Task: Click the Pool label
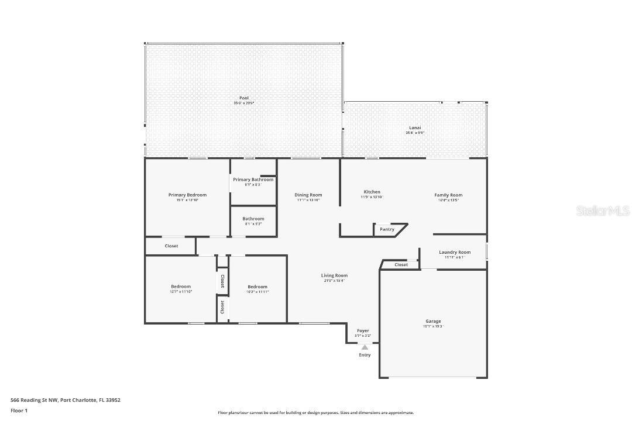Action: tap(243, 98)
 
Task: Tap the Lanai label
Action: tap(414, 127)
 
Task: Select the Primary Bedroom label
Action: tap(187, 195)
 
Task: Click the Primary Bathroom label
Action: tap(253, 180)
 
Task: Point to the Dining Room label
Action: tap(308, 195)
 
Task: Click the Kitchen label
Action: tap(372, 192)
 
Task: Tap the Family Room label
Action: tap(448, 195)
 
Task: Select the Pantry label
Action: tap(387, 229)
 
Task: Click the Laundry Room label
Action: tap(454, 252)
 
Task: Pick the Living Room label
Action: tap(334, 275)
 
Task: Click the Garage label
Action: tap(433, 321)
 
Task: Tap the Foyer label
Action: tap(363, 331)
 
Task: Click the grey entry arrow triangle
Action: tap(365, 347)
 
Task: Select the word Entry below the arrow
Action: tap(365, 355)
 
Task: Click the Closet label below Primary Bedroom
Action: tap(171, 246)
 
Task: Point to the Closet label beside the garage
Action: tap(401, 265)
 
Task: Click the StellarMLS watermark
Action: tap(602, 210)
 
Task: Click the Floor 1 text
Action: tap(19, 410)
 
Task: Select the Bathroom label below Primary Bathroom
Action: tap(253, 219)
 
